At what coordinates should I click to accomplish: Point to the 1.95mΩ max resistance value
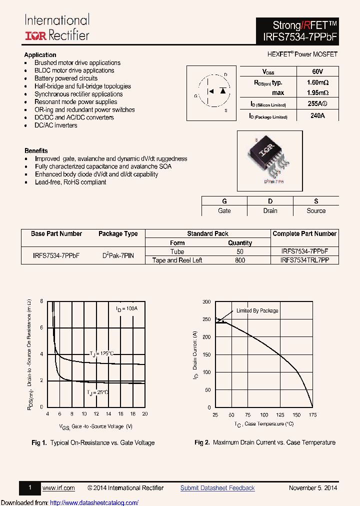[x=317, y=92]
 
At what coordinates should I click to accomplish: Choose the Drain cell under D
[x=270, y=211]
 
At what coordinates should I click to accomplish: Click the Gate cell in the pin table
[x=224, y=211]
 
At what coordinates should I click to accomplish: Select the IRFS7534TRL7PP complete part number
[x=304, y=260]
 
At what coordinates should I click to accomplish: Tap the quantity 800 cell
[x=240, y=260]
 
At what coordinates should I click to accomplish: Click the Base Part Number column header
[x=56, y=234]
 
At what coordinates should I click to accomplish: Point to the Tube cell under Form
[x=177, y=252]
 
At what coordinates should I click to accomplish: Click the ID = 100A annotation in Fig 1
[x=126, y=309]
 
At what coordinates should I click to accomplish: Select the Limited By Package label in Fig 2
[x=257, y=311]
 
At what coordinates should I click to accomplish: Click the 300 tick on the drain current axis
[x=206, y=302]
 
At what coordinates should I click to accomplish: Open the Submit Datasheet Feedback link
[x=217, y=488]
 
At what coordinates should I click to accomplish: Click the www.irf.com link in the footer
[x=58, y=488]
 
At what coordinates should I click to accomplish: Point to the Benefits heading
[x=36, y=150]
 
